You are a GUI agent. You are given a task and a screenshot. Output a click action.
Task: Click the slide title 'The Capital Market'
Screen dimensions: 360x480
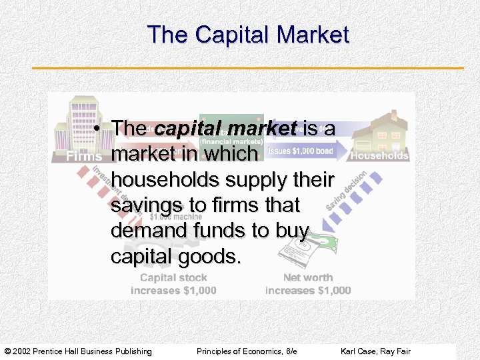point(248,35)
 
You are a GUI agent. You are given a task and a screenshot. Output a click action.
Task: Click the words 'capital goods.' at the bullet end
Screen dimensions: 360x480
point(175,257)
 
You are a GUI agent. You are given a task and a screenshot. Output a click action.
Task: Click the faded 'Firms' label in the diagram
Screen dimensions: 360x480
point(84,157)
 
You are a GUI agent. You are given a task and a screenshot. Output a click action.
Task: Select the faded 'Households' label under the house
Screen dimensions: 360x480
point(379,155)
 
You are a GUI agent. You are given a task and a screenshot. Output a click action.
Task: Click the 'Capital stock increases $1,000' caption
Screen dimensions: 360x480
point(173,284)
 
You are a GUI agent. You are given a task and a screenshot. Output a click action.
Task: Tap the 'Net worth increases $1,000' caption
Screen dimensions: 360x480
point(308,284)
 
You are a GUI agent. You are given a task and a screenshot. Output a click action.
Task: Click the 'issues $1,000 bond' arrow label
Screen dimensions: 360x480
point(301,151)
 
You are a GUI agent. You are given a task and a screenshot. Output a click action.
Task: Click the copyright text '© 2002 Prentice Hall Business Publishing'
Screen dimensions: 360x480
point(78,351)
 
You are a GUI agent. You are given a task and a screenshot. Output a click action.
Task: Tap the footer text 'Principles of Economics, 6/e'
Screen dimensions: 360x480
point(247,351)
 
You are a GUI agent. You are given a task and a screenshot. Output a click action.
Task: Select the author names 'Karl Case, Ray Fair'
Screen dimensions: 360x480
point(375,351)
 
